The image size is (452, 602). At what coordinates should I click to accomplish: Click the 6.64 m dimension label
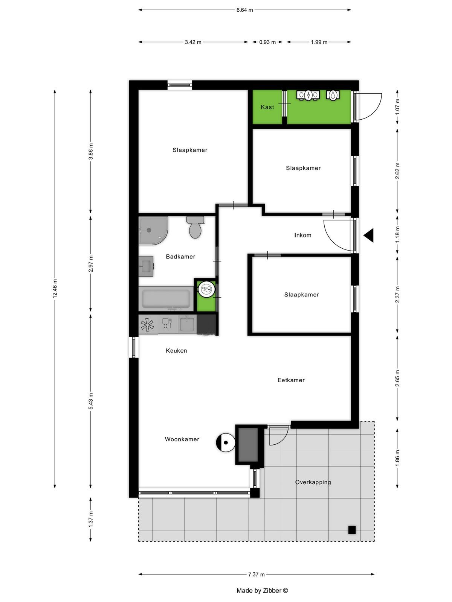point(244,10)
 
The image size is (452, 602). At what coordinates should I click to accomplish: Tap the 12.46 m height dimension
point(55,288)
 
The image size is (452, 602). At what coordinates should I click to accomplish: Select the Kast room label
point(267,107)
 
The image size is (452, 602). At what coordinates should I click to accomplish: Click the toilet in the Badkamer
point(195,227)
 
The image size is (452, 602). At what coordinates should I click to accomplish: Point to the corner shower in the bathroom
point(153,230)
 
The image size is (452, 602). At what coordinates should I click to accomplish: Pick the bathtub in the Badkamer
point(166,299)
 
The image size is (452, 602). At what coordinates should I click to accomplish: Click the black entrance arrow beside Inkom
point(369,235)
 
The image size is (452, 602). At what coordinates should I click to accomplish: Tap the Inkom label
point(303,235)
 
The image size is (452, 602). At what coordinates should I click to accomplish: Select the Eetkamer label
point(291,380)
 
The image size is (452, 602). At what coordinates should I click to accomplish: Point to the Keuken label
point(176,351)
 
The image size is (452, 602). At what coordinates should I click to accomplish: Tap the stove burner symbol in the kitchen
point(147,325)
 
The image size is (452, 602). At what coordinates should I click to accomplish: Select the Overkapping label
point(313,482)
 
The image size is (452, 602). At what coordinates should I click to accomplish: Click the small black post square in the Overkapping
point(352,530)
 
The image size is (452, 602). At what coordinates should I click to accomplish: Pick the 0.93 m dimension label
point(267,42)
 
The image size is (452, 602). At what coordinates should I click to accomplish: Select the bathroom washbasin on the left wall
point(146,266)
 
